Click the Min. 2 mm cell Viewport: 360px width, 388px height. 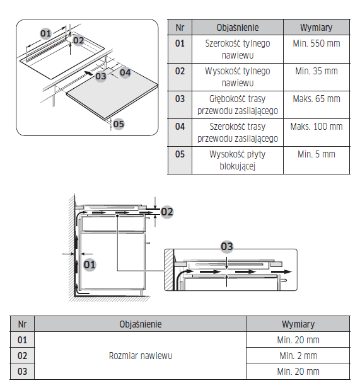tap(298, 356)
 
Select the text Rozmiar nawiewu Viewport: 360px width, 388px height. tap(141, 356)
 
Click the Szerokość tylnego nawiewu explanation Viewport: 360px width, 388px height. tap(238, 49)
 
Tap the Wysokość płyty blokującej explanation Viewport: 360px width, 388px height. tap(238, 160)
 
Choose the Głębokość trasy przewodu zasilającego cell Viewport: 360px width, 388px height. tap(238, 105)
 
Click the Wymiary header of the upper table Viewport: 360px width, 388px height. tap(316, 28)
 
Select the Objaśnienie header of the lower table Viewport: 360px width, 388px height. tap(141, 324)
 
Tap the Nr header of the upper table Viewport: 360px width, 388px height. tap(180, 28)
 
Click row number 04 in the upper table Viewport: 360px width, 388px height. tap(180, 127)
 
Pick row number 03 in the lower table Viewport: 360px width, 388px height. tap(22, 372)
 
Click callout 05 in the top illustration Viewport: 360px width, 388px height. tap(119, 124)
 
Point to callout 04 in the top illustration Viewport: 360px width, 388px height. tap(125, 72)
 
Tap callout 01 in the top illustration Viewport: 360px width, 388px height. tap(46, 33)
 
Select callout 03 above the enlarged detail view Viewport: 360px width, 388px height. tap(227, 246)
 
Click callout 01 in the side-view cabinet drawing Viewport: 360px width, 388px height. tap(90, 265)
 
